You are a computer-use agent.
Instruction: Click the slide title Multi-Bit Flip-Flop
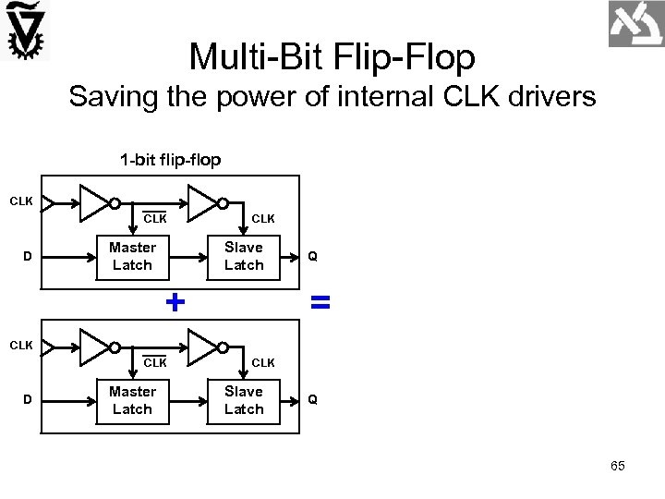coord(332,57)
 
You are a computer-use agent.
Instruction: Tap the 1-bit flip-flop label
coord(170,160)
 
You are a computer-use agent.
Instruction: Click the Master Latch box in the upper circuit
coord(132,256)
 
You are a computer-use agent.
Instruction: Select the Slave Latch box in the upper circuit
coord(244,256)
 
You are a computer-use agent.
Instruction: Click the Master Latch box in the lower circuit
coord(132,400)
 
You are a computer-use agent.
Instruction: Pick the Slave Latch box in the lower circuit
coord(244,400)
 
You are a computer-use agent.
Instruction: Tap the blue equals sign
coord(320,301)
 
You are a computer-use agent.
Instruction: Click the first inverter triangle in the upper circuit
coord(93,203)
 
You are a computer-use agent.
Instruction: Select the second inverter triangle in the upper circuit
coord(202,203)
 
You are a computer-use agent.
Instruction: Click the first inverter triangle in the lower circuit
coord(93,347)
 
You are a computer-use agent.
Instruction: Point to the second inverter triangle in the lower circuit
coord(202,347)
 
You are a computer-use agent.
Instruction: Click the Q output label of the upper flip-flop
coord(313,256)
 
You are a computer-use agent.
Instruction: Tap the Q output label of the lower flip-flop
coord(313,400)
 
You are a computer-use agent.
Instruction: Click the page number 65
coord(617,466)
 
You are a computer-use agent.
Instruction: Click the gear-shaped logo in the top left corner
coord(26,30)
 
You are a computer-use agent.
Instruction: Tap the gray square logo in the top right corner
coord(635,24)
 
